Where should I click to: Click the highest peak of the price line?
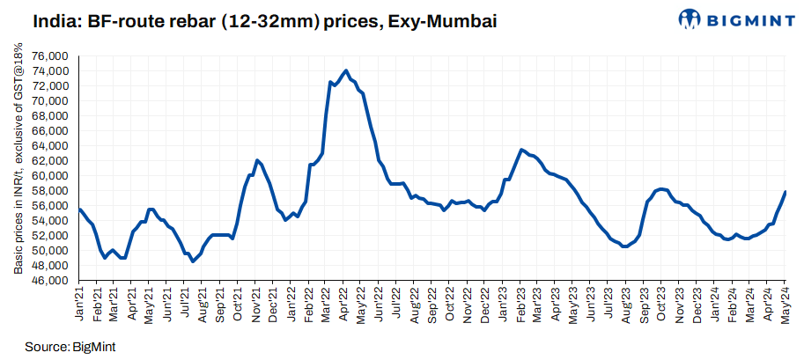[346, 70]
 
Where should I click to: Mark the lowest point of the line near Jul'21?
[193, 261]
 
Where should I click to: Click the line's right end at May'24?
[785, 192]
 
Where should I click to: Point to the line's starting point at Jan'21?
[79, 209]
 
